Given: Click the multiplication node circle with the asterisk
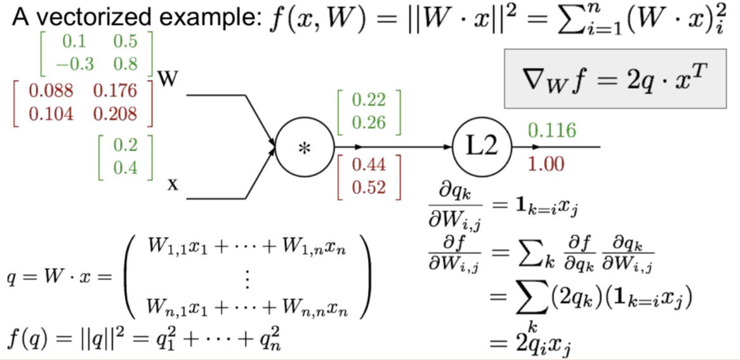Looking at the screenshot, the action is coord(303,147).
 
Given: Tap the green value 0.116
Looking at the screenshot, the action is coord(552,131).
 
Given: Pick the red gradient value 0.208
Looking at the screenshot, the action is coord(115,114).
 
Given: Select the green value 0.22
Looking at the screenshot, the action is coord(369,100).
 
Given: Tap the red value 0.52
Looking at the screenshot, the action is coord(369,187).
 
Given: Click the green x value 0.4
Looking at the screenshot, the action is coord(126,168).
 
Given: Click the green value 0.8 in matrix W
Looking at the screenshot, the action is coord(125,63).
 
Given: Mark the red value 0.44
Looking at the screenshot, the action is coord(369,165).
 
